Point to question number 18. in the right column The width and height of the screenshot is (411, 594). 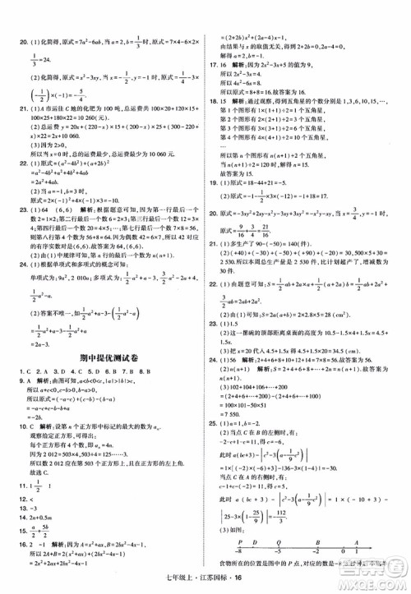215,101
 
